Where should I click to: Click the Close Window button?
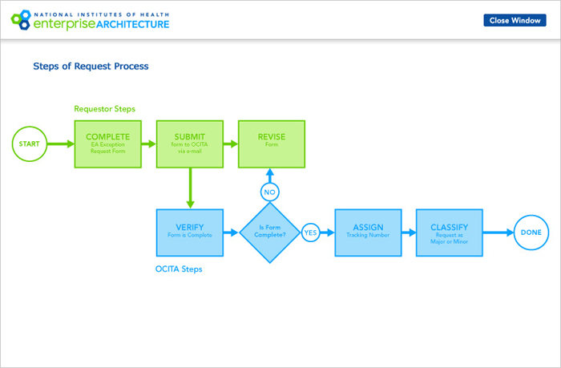515,20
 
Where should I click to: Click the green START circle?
29,144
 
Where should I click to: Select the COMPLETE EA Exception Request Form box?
108,144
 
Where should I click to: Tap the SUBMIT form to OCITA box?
189,144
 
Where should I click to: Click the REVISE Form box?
271,144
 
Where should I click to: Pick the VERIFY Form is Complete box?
189,233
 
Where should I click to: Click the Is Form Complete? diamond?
270,233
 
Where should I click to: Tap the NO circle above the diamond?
270,192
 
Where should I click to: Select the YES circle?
310,233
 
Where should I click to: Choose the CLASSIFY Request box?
449,233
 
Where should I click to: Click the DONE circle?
531,233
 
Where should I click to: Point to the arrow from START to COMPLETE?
60,144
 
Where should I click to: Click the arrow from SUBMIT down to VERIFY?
189,188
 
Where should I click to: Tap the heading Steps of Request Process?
91,67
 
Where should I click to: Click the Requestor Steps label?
104,108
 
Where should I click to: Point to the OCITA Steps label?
179,269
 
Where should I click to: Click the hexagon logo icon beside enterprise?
17,19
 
